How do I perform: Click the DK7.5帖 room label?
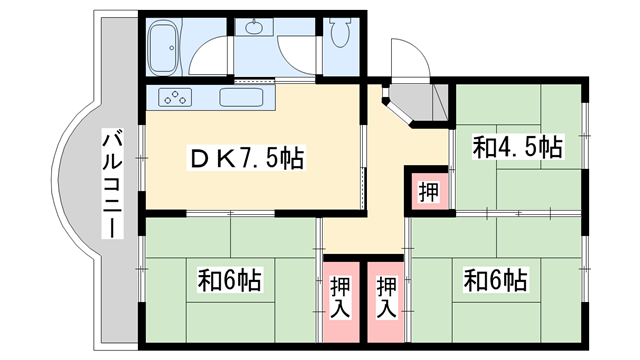(x=243, y=159)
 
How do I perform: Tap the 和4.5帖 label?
(x=517, y=149)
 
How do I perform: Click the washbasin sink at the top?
(x=254, y=28)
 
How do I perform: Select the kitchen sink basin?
(x=240, y=99)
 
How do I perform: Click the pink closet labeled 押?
(x=427, y=190)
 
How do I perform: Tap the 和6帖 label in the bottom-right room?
(x=495, y=279)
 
